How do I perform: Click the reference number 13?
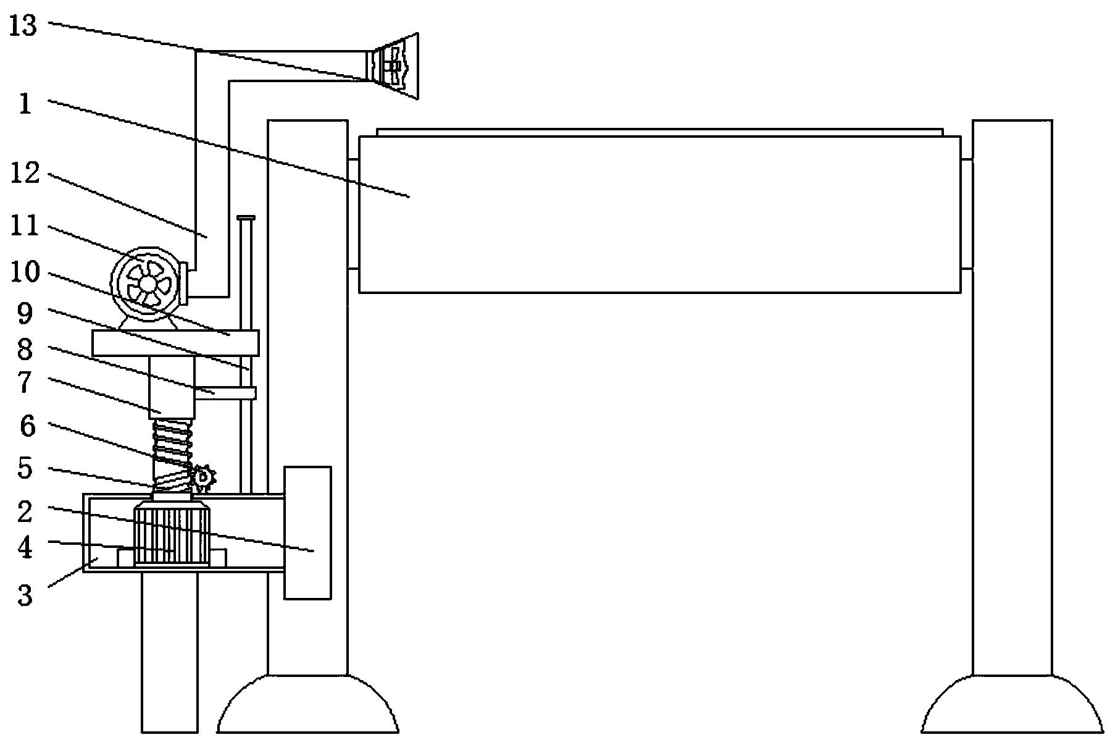24,25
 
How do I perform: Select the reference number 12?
25,174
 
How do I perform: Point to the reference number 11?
25,226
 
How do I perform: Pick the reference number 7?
25,382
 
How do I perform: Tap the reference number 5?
25,468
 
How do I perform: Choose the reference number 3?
25,596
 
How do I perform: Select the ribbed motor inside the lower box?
171,532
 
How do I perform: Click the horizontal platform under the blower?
175,343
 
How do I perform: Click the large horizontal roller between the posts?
659,214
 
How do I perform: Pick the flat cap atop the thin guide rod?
246,219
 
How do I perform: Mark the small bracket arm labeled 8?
225,393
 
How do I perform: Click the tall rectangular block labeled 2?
307,532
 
